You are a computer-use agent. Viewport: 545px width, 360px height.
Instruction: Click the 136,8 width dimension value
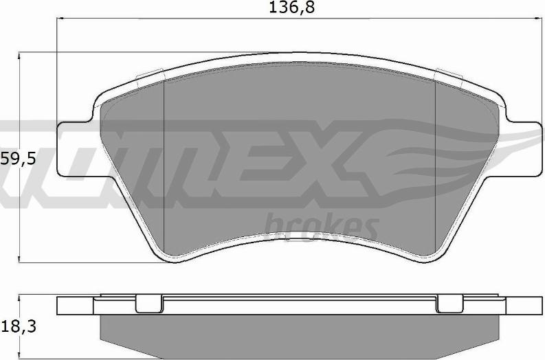point(291,8)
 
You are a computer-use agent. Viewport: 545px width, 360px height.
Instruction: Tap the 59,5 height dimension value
point(18,159)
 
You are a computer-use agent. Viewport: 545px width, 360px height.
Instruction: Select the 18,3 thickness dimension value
point(19,327)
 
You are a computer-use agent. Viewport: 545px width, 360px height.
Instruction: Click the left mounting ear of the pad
point(74,148)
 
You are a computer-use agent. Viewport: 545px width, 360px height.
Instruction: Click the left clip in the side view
point(149,304)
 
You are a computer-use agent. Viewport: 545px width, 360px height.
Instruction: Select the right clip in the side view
point(449,304)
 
